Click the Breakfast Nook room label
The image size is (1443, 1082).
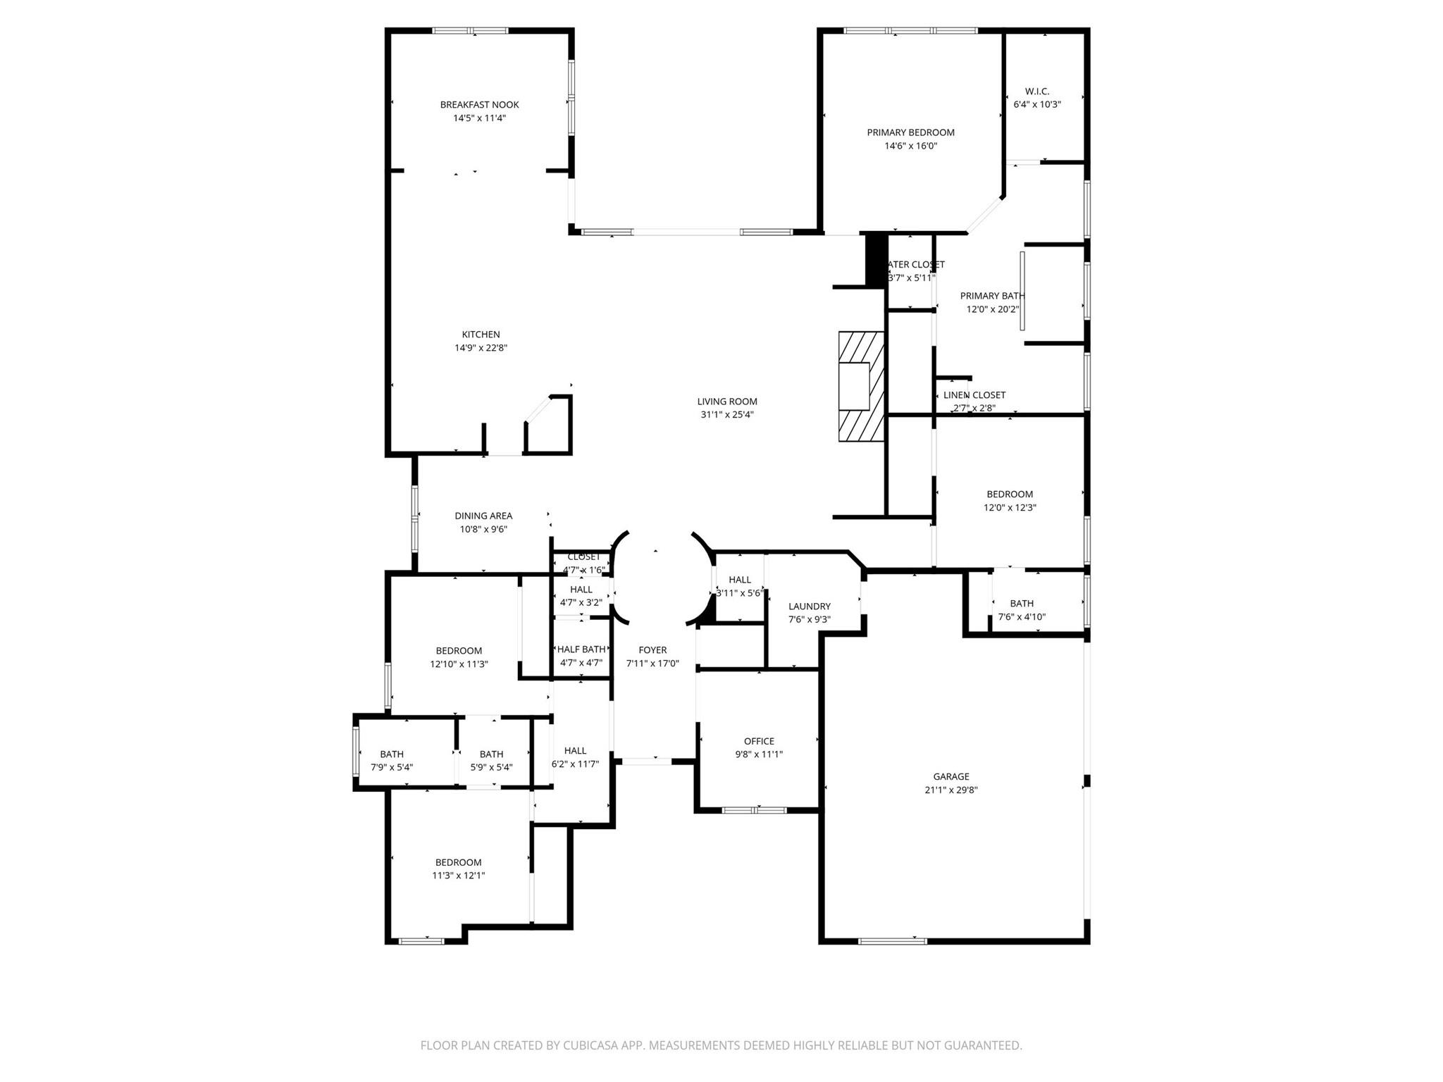point(479,105)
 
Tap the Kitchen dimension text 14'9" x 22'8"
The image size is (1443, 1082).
point(481,348)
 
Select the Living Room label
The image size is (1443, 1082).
point(727,402)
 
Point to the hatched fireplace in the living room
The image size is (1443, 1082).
point(861,386)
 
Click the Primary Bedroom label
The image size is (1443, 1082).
point(910,132)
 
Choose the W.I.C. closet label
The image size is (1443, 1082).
point(1036,92)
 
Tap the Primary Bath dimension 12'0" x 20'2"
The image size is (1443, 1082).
point(993,309)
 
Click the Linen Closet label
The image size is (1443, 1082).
point(974,395)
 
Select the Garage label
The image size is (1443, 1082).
point(951,776)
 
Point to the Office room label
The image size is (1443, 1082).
point(759,741)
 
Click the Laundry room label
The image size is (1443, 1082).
point(809,606)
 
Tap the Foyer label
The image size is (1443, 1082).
point(652,650)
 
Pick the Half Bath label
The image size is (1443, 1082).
point(581,649)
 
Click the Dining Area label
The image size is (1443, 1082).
point(483,516)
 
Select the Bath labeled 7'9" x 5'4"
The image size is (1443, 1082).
point(392,754)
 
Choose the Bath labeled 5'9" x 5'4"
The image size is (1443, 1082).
point(491,754)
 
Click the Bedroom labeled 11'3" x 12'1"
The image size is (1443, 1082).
point(458,862)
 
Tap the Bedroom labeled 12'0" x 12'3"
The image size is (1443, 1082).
point(1010,495)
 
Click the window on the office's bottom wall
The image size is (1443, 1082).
point(755,810)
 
